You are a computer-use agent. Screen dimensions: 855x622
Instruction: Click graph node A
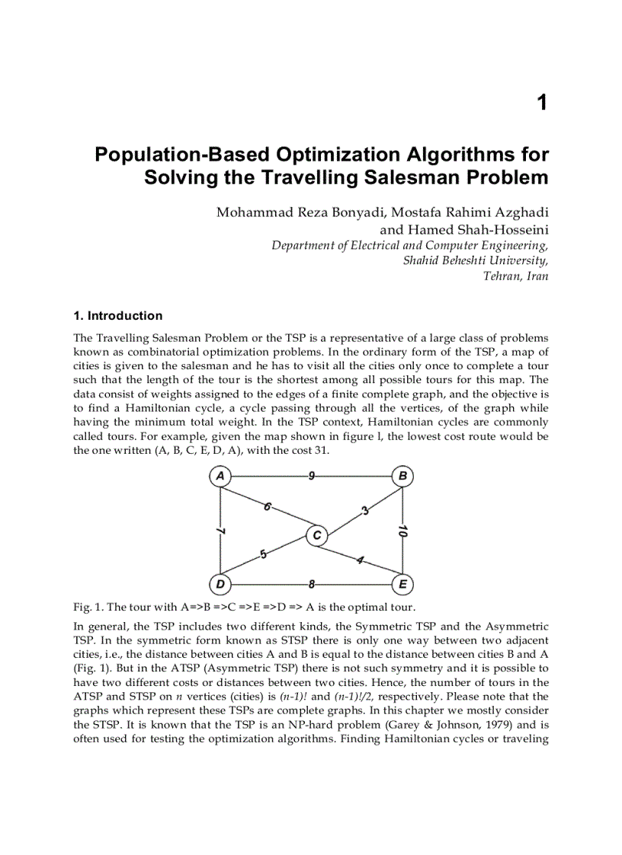pyautogui.click(x=220, y=477)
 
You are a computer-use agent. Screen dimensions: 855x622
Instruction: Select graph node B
pyautogui.click(x=402, y=477)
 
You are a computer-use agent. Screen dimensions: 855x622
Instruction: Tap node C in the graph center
pyautogui.click(x=316, y=536)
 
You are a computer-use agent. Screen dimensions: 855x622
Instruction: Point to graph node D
pyautogui.click(x=220, y=584)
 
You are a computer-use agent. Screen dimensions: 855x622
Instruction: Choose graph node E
pyautogui.click(x=402, y=584)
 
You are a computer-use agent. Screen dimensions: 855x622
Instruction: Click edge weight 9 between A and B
pyautogui.click(x=312, y=477)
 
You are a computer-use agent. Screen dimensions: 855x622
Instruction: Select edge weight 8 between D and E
pyautogui.click(x=312, y=584)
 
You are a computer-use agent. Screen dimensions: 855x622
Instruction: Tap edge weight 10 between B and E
pyautogui.click(x=402, y=531)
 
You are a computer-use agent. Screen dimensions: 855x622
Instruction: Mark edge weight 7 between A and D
pyautogui.click(x=221, y=530)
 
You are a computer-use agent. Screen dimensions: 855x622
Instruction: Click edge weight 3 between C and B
pyautogui.click(x=364, y=510)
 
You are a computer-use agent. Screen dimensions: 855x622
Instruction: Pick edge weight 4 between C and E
pyautogui.click(x=360, y=561)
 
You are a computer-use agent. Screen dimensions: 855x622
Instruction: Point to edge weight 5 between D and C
pyautogui.click(x=263, y=554)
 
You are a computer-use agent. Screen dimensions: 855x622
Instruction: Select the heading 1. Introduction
pyautogui.click(x=117, y=316)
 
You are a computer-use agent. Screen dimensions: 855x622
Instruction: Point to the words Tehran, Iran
pyautogui.click(x=515, y=276)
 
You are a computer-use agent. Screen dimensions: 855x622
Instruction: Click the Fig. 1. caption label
pyautogui.click(x=88, y=607)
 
